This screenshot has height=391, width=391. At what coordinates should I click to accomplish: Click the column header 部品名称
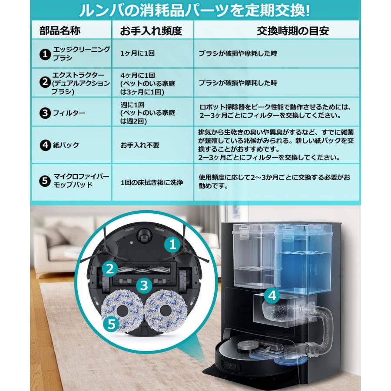point(60,31)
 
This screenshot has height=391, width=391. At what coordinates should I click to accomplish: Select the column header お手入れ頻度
point(150,31)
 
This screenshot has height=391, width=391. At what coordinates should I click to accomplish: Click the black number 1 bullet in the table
point(44,54)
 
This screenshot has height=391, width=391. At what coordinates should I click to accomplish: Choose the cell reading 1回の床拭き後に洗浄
point(152,182)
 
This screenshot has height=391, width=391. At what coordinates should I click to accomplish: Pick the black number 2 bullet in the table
point(44,82)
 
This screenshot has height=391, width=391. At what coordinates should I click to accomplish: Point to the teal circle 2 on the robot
point(110,268)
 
